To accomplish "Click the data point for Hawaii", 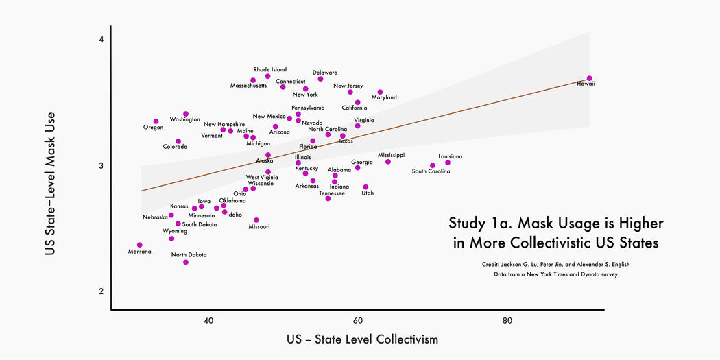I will pyautogui.click(x=589, y=78).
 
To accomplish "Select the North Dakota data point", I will pyautogui.click(x=186, y=262).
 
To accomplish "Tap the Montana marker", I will pyautogui.click(x=140, y=245).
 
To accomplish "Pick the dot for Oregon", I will pyautogui.click(x=156, y=121).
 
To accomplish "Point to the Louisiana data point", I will pyautogui.click(x=448, y=163).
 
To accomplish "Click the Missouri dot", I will pyautogui.click(x=256, y=220).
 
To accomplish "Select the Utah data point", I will pyautogui.click(x=365, y=187).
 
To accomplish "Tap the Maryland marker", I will pyautogui.click(x=380, y=92).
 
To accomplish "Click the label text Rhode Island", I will pyautogui.click(x=270, y=69).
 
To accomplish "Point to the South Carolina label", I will pyautogui.click(x=431, y=171).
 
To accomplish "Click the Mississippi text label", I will pyautogui.click(x=391, y=155).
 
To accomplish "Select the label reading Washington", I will pyautogui.click(x=185, y=119).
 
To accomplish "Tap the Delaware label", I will pyautogui.click(x=325, y=72).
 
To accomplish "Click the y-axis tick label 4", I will pyautogui.click(x=101, y=39).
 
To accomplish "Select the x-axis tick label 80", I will pyautogui.click(x=507, y=321).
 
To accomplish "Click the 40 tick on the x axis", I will pyautogui.click(x=208, y=321).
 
